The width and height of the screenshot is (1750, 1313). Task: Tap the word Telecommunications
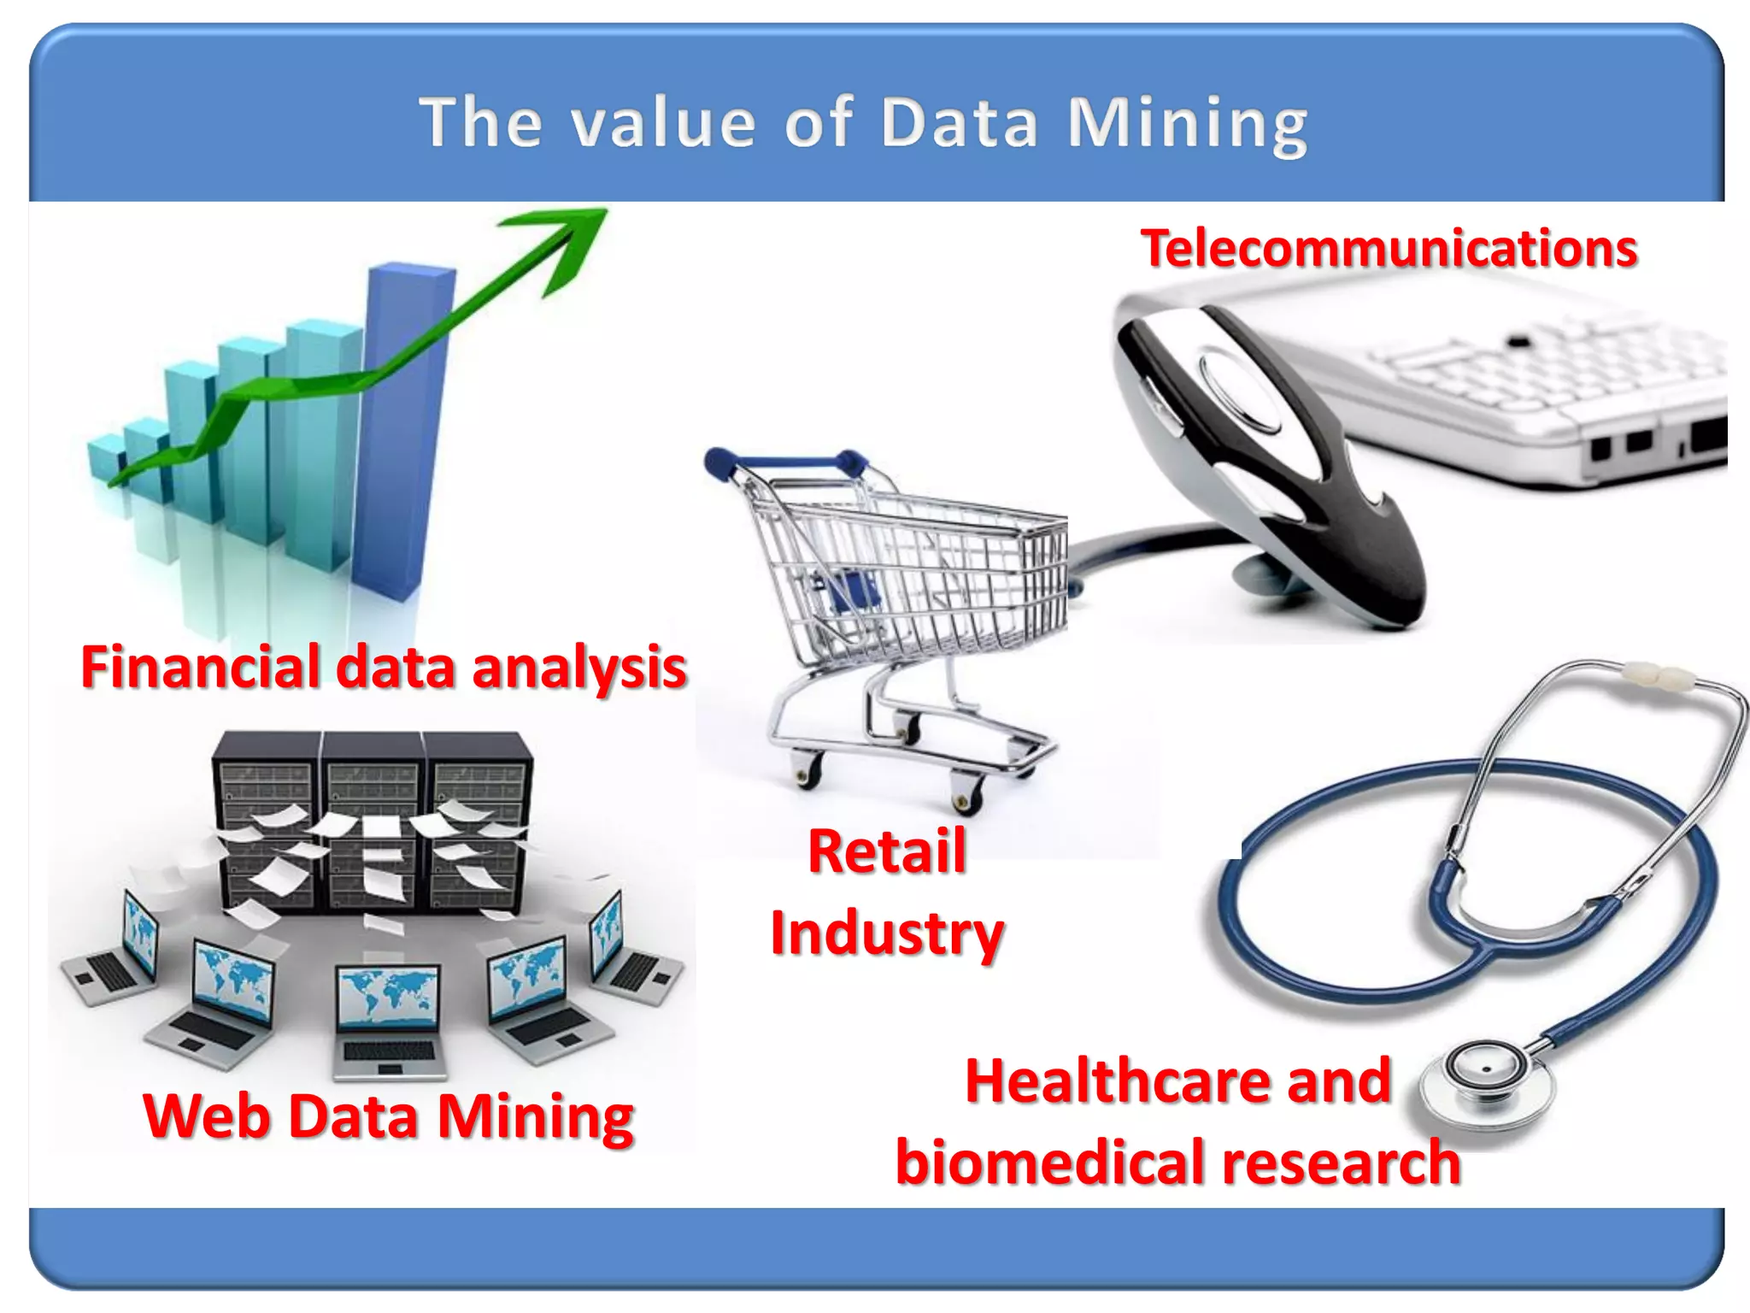click(1389, 249)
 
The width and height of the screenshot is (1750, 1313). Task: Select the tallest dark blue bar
click(402, 427)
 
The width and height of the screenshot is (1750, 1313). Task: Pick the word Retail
click(887, 851)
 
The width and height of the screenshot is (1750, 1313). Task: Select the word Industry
click(887, 933)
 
